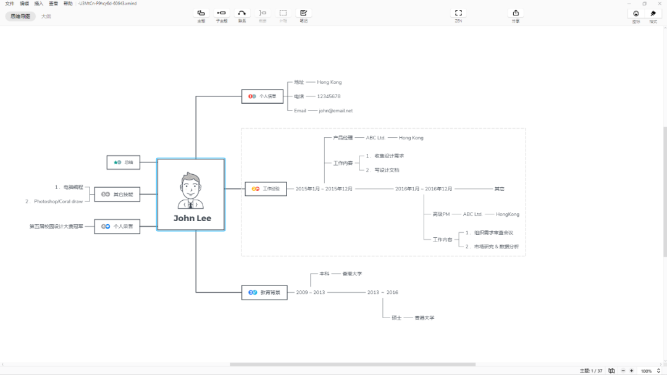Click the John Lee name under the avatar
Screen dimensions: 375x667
point(192,218)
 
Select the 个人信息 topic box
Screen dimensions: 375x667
point(262,96)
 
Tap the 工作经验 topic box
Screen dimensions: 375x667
point(266,189)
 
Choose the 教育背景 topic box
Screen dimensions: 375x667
point(264,292)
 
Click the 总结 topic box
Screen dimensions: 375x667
point(124,162)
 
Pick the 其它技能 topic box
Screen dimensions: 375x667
point(117,194)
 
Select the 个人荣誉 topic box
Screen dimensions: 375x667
point(117,227)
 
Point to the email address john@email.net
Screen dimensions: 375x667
point(336,111)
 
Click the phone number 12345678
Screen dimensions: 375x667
point(329,96)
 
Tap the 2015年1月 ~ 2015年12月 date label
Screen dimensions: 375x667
point(324,189)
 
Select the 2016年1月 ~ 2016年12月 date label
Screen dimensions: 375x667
point(424,189)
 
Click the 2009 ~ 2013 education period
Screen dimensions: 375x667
point(311,292)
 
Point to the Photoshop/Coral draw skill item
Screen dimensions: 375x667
point(58,201)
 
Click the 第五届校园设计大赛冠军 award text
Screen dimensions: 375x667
point(56,227)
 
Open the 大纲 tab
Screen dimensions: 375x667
point(46,16)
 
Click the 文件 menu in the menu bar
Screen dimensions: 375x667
point(9,3)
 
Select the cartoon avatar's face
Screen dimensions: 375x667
point(191,185)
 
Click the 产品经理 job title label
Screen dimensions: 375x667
point(343,138)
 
